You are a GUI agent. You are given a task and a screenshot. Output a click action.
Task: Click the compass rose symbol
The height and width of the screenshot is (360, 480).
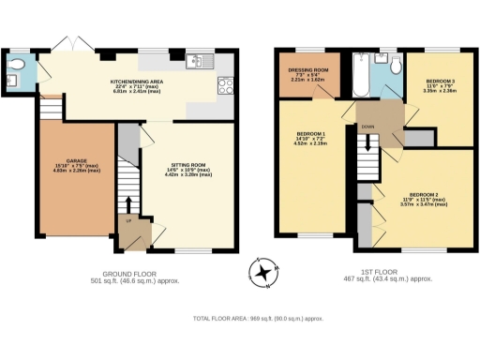click(263, 273)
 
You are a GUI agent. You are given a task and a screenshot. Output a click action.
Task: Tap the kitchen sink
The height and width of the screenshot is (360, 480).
click(196, 62)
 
